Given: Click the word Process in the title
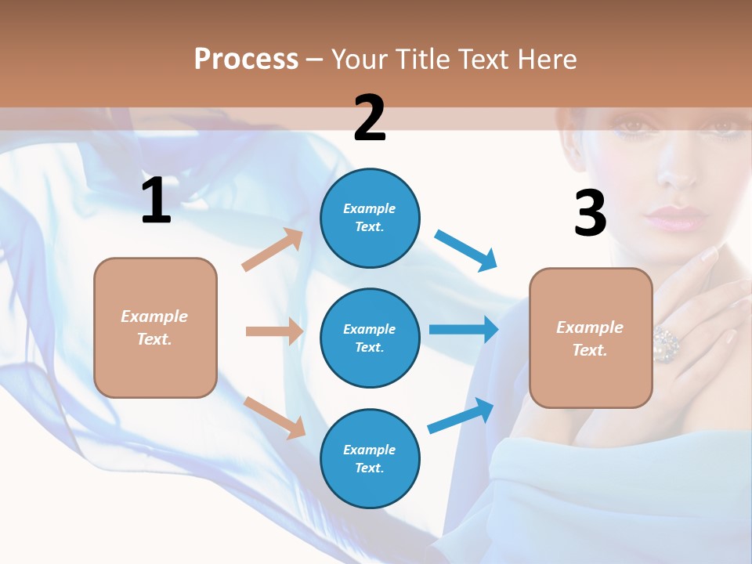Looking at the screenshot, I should click(246, 60).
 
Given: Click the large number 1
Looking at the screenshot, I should click(156, 201).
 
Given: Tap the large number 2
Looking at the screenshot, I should click(370, 118).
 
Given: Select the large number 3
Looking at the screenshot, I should click(590, 214).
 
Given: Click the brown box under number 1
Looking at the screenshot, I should click(155, 327).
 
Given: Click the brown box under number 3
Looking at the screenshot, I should click(591, 338).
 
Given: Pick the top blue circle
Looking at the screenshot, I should click(370, 218).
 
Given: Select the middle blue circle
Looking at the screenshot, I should click(370, 338).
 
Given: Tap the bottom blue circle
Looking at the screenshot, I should click(370, 459).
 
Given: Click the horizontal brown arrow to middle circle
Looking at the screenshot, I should click(274, 331).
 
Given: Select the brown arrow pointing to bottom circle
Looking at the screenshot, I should click(275, 418).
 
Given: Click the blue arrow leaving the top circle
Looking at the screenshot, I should click(466, 251).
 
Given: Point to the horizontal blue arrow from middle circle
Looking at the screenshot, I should click(464, 329).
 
